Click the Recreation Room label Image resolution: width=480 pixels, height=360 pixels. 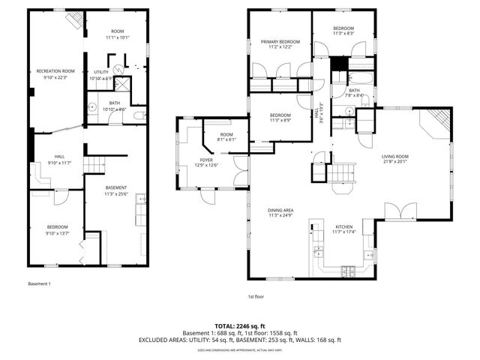tap(55, 71)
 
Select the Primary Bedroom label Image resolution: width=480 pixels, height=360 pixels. tap(280, 42)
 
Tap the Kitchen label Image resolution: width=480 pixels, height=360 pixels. tap(344, 226)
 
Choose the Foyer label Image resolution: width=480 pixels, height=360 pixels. tap(207, 160)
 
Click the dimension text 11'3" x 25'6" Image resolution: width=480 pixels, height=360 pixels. tap(115, 193)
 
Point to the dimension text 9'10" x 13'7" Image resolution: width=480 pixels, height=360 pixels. tap(58, 233)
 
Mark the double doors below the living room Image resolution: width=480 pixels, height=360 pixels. tap(399, 210)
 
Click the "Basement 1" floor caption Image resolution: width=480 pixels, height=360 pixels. tap(40, 284)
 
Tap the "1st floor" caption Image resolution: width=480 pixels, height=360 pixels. tap(256, 296)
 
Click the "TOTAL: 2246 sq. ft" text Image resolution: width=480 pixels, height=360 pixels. tap(240, 326)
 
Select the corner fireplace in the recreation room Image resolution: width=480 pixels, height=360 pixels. tap(73, 21)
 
